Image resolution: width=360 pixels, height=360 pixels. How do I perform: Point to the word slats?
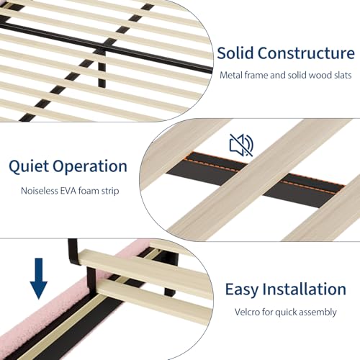tap(343, 75)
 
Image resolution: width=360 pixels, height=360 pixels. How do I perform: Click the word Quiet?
tap(29, 166)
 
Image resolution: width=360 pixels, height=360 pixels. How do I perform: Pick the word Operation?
tap(90, 166)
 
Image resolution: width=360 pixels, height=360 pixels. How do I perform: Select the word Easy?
tap(241, 289)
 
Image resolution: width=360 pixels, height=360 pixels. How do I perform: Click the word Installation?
tap(304, 289)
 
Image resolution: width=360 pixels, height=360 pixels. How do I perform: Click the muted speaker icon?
tap(241, 145)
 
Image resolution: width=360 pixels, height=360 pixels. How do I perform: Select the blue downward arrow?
tap(39, 279)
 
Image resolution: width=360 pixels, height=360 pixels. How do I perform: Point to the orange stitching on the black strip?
tap(264, 171)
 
